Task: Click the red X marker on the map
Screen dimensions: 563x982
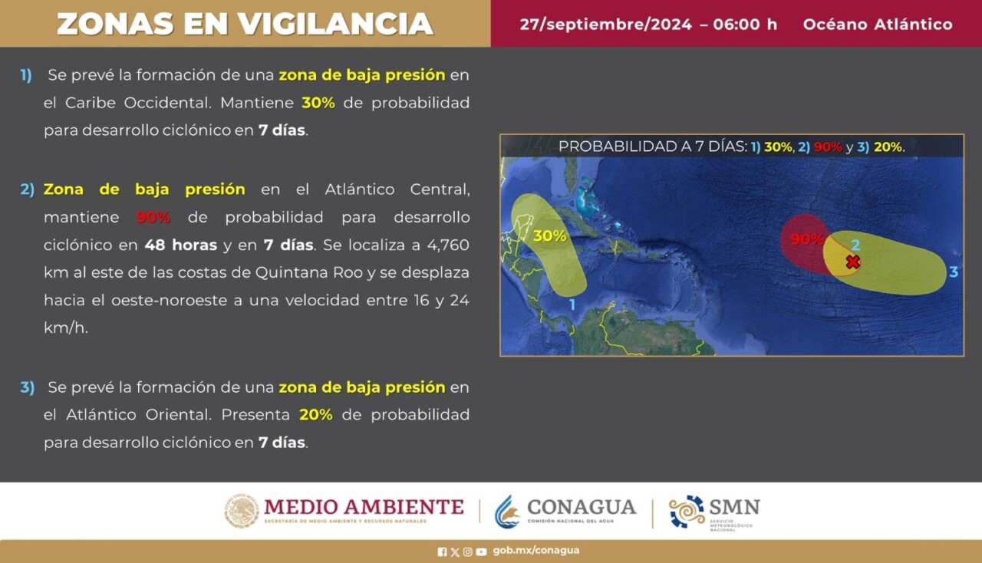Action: pyautogui.click(x=852, y=262)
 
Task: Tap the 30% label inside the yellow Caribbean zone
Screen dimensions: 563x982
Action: pyautogui.click(x=549, y=236)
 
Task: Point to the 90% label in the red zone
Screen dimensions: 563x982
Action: pyautogui.click(x=806, y=239)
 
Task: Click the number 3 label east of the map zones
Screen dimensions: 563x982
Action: pyautogui.click(x=954, y=272)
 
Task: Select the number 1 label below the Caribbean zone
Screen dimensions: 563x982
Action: pyautogui.click(x=572, y=305)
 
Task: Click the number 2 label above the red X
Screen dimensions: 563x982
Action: pyautogui.click(x=855, y=245)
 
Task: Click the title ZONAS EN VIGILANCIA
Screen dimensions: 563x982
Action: pyautogui.click(x=245, y=24)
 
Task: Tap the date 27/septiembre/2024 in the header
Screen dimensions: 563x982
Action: pyautogui.click(x=605, y=24)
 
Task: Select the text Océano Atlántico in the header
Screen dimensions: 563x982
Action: pyautogui.click(x=878, y=24)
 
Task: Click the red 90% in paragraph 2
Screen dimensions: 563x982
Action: pyautogui.click(x=153, y=217)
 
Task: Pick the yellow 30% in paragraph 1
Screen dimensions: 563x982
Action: pyautogui.click(x=318, y=103)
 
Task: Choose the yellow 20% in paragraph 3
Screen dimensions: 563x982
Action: pyautogui.click(x=316, y=415)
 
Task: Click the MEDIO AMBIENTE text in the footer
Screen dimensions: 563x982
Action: pyautogui.click(x=364, y=508)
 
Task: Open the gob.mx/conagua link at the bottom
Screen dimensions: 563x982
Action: pyautogui.click(x=535, y=551)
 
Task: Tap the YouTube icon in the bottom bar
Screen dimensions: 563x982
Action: pyautogui.click(x=481, y=551)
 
